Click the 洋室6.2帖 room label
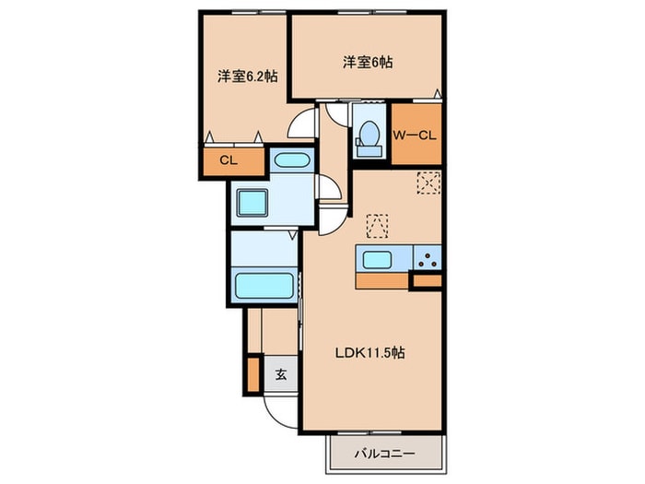click(x=247, y=77)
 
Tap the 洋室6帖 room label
click(x=369, y=63)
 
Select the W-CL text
click(x=416, y=136)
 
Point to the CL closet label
click(x=228, y=160)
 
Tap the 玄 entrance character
click(x=280, y=375)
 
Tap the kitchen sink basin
click(x=378, y=258)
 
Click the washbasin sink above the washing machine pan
click(x=293, y=160)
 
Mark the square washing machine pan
click(x=251, y=202)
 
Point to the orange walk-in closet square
click(x=416, y=136)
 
